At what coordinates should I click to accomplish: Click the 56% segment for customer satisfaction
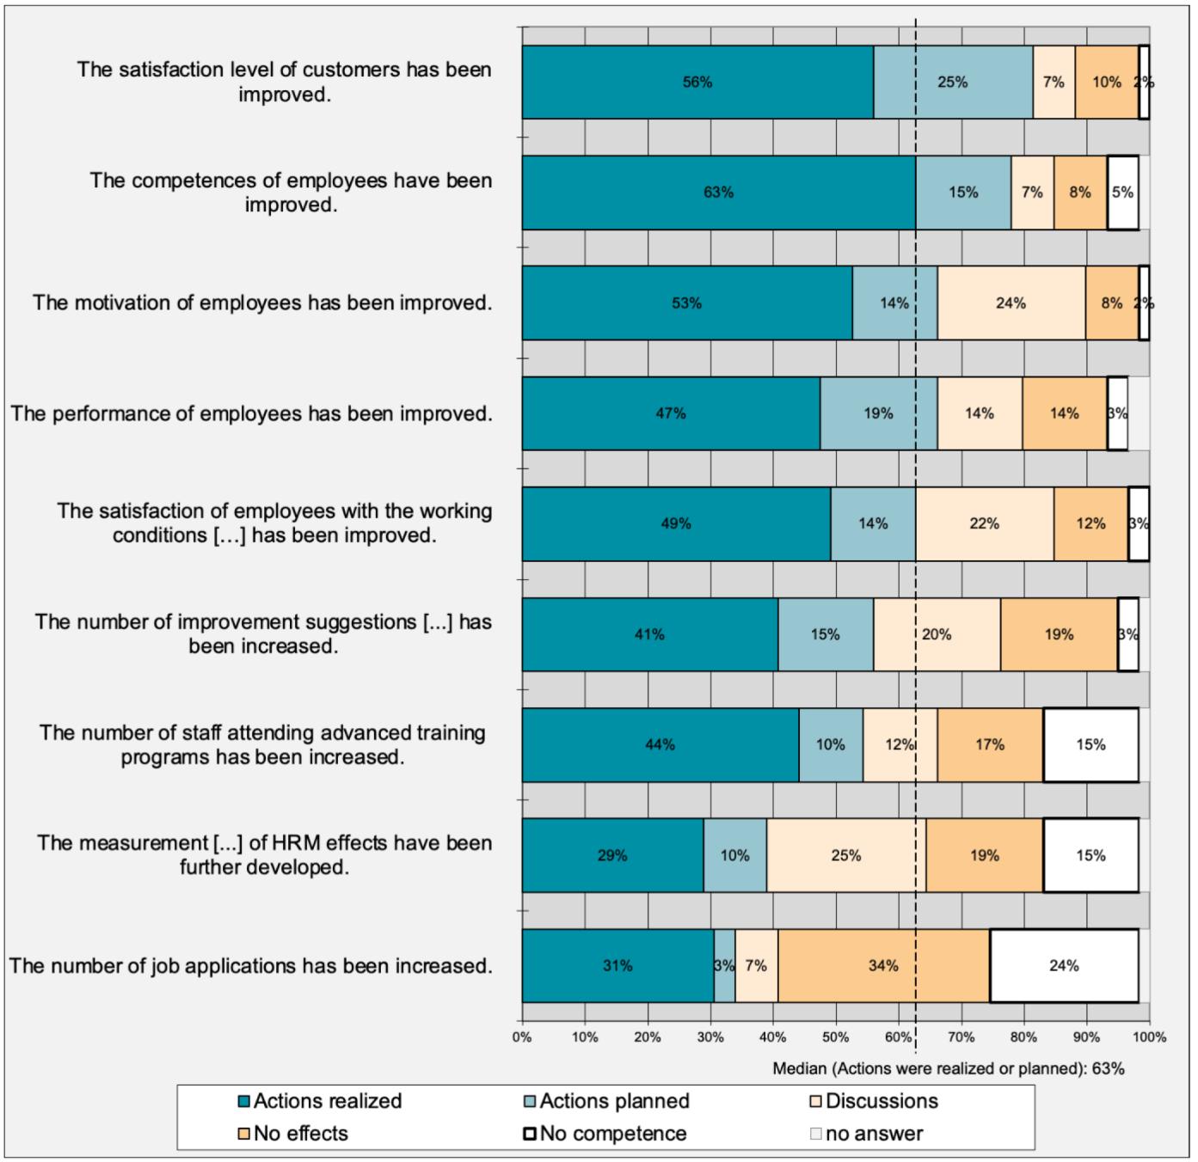click(697, 83)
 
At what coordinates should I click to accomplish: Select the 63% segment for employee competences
click(718, 193)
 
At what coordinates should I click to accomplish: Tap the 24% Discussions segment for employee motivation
click(1011, 303)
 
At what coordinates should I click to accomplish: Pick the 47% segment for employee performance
click(671, 413)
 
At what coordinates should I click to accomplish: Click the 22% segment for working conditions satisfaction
click(984, 523)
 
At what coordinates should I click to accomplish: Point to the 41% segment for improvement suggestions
click(649, 634)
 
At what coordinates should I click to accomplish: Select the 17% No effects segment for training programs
click(990, 745)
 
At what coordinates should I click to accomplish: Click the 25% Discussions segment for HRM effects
click(845, 855)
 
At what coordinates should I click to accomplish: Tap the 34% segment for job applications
click(883, 966)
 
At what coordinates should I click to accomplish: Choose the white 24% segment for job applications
click(1064, 966)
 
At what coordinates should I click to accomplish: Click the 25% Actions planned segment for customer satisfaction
click(952, 83)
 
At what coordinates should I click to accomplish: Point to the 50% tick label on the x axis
click(835, 1037)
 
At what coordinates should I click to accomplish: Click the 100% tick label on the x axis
click(1149, 1037)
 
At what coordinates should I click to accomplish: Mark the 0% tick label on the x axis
click(522, 1037)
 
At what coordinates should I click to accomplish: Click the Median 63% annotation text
click(948, 1069)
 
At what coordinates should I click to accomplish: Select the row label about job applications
click(250, 966)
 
